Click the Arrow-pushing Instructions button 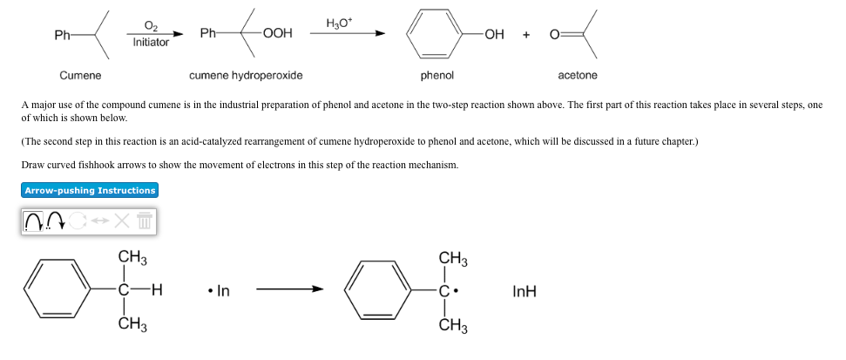[90, 190]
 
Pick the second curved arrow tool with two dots [57, 223]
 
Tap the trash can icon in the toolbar [145, 223]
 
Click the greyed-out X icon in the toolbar [123, 223]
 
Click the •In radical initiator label [219, 291]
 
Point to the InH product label [525, 291]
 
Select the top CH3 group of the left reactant [132, 257]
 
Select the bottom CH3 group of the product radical [453, 327]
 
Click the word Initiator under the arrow [151, 42]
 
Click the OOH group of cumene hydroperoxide [277, 34]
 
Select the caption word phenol [437, 76]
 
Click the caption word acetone [578, 76]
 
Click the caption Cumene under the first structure [80, 76]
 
